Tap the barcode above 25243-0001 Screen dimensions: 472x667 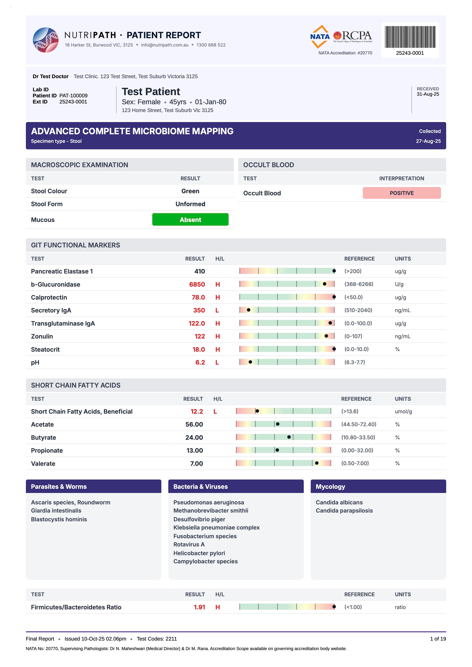[x=410, y=37]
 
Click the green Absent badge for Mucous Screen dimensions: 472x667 [x=190, y=220]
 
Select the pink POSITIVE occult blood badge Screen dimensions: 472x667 [x=402, y=193]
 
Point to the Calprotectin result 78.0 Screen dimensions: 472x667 [x=198, y=297]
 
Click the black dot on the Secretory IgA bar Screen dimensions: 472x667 [x=249, y=310]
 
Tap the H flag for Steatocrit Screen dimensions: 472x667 [x=218, y=350]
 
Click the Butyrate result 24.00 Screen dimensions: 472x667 [x=194, y=437]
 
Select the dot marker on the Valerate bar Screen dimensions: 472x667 [x=317, y=463]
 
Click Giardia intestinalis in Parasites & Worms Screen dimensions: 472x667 [x=56, y=510]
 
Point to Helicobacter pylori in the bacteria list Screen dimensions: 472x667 [x=199, y=553]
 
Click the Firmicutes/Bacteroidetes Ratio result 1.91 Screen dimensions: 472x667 [x=199, y=607]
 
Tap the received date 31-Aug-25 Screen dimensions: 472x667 [x=428, y=94]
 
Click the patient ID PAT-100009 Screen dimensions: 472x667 [x=73, y=96]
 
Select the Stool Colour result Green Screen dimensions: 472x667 [x=190, y=191]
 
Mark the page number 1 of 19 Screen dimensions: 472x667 [x=438, y=639]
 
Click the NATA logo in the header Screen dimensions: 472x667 [x=320, y=37]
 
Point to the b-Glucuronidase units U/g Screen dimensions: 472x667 [x=399, y=284]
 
